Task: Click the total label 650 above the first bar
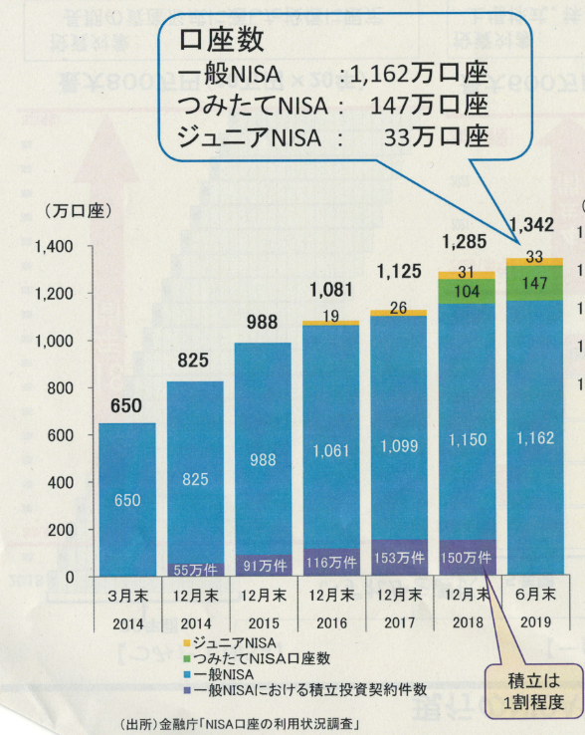coord(126,405)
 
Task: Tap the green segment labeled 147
coord(533,283)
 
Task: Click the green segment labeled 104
coord(466,292)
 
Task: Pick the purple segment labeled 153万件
coord(398,558)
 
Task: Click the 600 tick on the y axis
coord(62,435)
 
